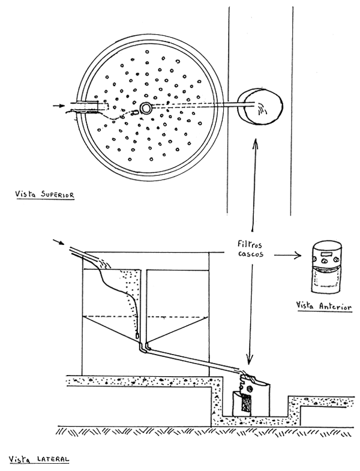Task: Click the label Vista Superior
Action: tap(41, 195)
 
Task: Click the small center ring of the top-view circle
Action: tap(146, 108)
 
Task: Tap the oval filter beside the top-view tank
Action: tap(260, 107)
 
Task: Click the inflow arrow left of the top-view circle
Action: tap(56, 106)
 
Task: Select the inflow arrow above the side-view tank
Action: tap(58, 242)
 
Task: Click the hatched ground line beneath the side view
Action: tap(180, 430)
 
